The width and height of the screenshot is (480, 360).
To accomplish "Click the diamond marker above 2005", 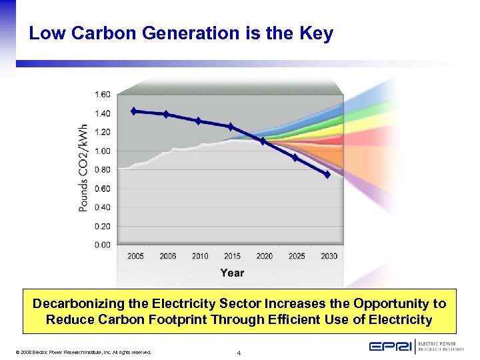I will pyautogui.click(x=134, y=111).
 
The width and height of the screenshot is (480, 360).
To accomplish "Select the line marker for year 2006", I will pyautogui.click(x=166, y=114).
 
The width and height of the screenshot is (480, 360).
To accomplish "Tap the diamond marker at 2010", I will pyautogui.click(x=198, y=121).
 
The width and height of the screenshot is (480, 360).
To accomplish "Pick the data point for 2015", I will pyautogui.click(x=231, y=126).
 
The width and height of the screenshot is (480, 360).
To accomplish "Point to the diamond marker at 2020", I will pyautogui.click(x=263, y=141).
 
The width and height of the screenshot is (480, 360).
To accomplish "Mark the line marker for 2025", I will pyautogui.click(x=295, y=157).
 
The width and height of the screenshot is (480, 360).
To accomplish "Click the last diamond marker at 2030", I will pyautogui.click(x=327, y=174).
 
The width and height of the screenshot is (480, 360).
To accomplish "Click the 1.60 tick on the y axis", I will pyautogui.click(x=103, y=94).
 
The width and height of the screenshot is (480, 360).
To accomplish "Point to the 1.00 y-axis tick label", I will pyautogui.click(x=103, y=151).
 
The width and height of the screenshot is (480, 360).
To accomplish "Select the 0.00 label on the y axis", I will pyautogui.click(x=103, y=245).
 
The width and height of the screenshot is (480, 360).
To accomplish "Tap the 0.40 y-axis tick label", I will pyautogui.click(x=103, y=207).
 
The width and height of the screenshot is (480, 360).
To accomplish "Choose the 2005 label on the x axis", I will pyautogui.click(x=135, y=256).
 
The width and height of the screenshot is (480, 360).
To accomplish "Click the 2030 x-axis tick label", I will pyautogui.click(x=329, y=256).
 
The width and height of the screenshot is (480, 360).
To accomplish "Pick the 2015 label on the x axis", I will pyautogui.click(x=232, y=256).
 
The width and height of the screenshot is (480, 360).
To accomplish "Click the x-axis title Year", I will pyautogui.click(x=232, y=273).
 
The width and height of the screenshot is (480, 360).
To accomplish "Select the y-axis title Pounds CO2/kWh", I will pyautogui.click(x=83, y=168).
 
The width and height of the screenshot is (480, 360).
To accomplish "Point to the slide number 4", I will pyautogui.click(x=239, y=352).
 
